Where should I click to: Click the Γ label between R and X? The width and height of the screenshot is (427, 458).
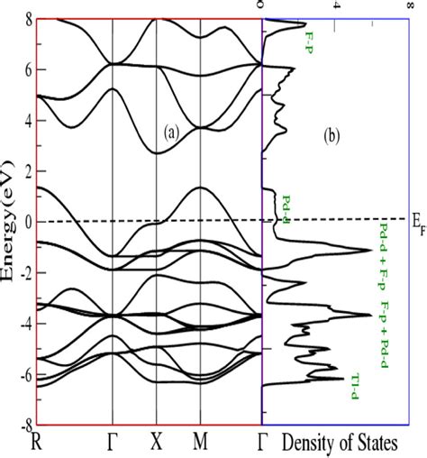point(112,444)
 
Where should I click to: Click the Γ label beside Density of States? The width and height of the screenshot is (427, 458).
point(262,444)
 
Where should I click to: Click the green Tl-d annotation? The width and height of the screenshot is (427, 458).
point(356,380)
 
